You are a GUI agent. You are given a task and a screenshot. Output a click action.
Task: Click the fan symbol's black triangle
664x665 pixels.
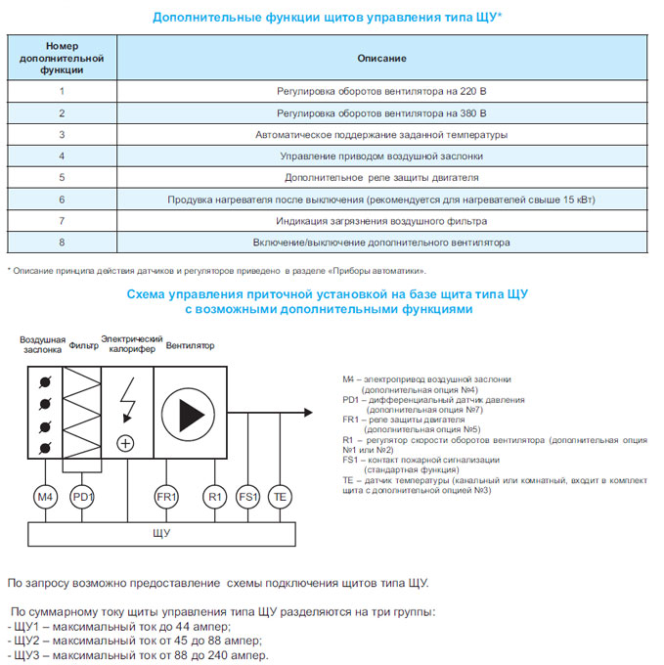[x=192, y=415]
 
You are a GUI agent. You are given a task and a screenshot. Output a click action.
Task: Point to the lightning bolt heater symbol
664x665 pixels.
[x=128, y=400]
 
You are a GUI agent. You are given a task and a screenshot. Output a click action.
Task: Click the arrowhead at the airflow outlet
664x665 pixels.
[x=308, y=413]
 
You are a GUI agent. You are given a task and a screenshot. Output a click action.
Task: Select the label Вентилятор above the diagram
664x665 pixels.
[x=190, y=345]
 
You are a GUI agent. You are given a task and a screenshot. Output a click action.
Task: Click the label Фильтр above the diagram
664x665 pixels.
[x=83, y=345]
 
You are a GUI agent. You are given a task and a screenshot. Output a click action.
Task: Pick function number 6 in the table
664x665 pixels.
[x=62, y=199]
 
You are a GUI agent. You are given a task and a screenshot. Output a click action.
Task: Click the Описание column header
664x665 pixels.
[x=381, y=58]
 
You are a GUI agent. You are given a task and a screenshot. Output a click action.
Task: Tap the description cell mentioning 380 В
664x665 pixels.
[x=381, y=113]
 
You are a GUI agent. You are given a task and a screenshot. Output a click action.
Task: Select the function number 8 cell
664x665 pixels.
[x=62, y=243]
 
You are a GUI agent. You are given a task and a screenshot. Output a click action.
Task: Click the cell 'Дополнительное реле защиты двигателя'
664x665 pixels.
[x=381, y=177]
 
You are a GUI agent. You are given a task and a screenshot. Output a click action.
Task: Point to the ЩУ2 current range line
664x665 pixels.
[x=135, y=641]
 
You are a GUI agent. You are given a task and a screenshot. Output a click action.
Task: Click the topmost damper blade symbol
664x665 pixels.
[x=45, y=382]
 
